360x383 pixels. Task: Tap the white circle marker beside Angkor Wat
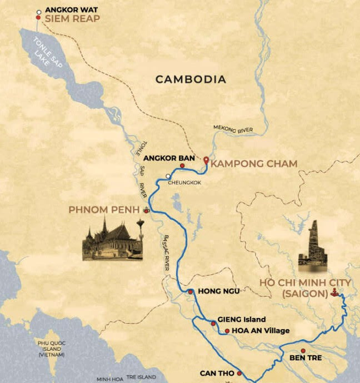(x=38, y=11)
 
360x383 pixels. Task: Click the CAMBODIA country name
(x=191, y=79)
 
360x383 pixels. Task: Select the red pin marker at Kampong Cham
(x=206, y=160)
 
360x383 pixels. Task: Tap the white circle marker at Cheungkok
(x=168, y=177)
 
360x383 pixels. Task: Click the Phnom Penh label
(x=104, y=210)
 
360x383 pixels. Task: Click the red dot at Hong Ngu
(x=190, y=291)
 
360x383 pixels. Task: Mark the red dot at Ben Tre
(x=303, y=351)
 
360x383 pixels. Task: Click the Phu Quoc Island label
(x=51, y=349)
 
